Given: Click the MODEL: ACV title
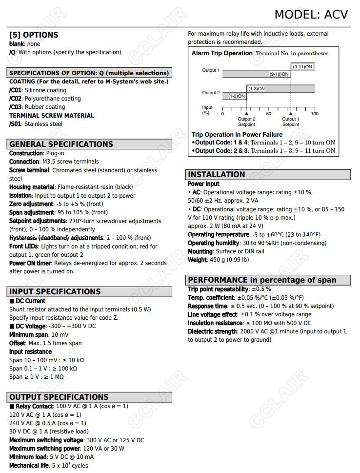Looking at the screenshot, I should pyautogui.click(x=311, y=14).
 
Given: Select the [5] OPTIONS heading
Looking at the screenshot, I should pyautogui.click(x=34, y=35).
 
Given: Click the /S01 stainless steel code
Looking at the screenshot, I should pyautogui.click(x=16, y=124).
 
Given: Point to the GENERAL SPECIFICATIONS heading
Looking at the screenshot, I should pyautogui.click(x=61, y=144).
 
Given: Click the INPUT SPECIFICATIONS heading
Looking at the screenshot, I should pyautogui.click(x=55, y=291).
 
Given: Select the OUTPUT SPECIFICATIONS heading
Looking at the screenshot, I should pyautogui.click(x=59, y=397).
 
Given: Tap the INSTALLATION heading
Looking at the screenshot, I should pyautogui.click(x=217, y=174).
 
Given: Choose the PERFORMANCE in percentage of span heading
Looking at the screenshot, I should pyautogui.click(x=262, y=280).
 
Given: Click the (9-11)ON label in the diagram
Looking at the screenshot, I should pyautogui.click(x=303, y=66).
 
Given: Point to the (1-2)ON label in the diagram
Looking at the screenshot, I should pyautogui.click(x=237, y=96).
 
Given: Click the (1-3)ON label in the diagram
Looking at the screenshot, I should pyautogui.click(x=256, y=89).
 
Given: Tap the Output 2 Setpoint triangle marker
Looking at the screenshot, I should pyautogui.click(x=246, y=113).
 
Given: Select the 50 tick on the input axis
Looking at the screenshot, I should pyautogui.click(x=269, y=114).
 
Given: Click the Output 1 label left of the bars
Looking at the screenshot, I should pyautogui.click(x=211, y=70).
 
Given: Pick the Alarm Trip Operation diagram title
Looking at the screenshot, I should pyautogui.click(x=222, y=53).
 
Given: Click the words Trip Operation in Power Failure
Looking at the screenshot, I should pyautogui.click(x=237, y=134).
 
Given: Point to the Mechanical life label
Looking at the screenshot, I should pyautogui.click(x=28, y=465).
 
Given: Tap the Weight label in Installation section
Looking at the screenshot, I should pyautogui.click(x=197, y=260).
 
